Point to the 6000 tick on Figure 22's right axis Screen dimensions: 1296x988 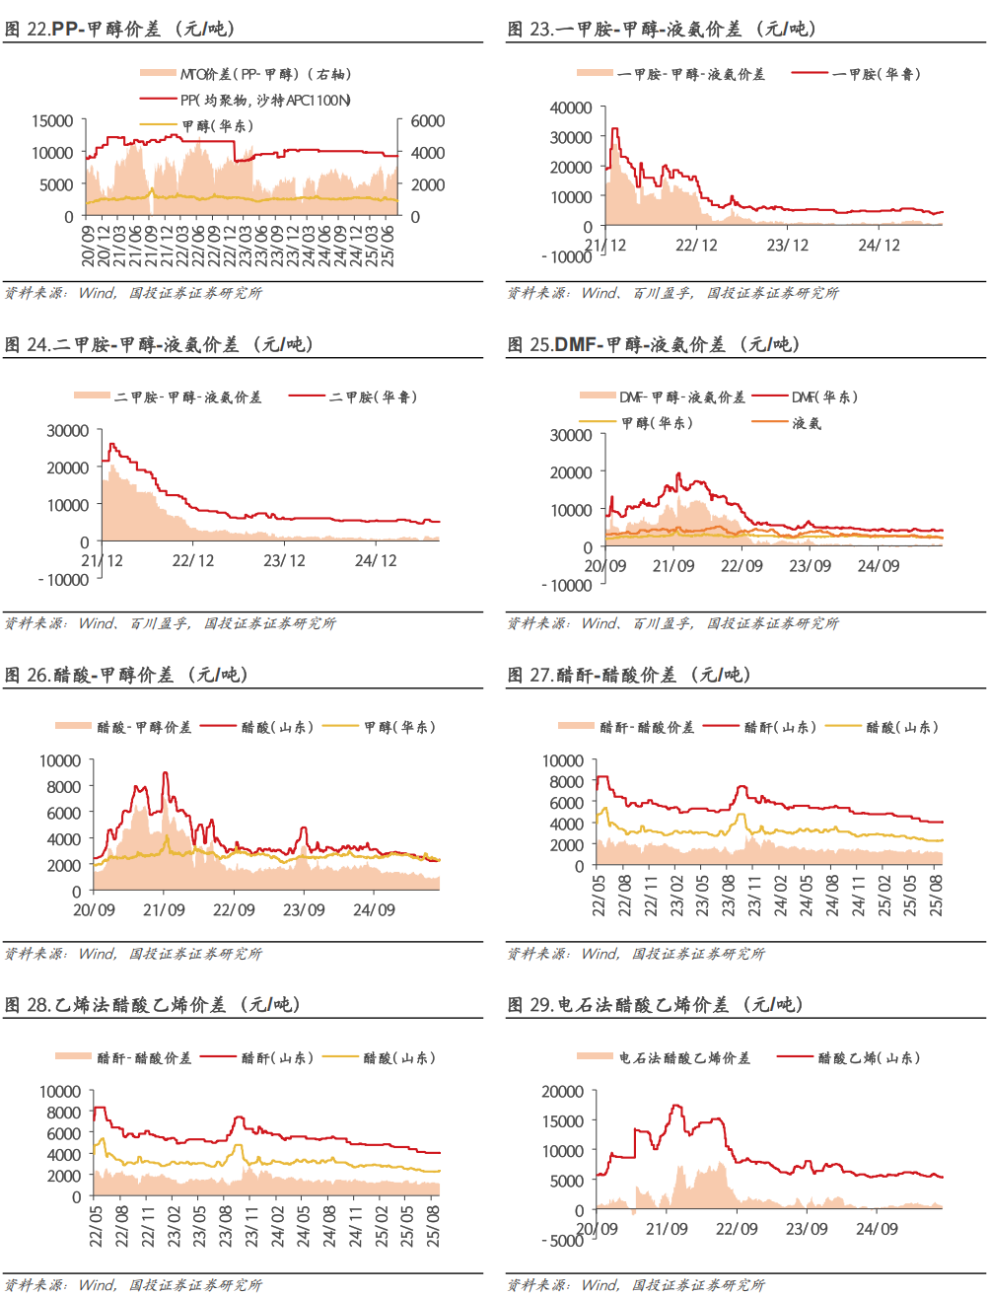point(428,121)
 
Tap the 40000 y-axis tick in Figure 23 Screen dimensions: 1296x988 point(571,108)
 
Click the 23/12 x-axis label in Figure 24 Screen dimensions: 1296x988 point(284,560)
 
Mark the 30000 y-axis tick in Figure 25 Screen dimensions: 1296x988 point(571,435)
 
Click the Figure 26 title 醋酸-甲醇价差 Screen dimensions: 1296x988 point(127,675)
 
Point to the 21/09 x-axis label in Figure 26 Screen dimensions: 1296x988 point(164,909)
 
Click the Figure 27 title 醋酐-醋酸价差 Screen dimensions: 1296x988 point(630,675)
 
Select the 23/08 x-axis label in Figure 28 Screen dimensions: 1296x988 point(226,1225)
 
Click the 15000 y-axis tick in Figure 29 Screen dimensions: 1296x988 point(563,1121)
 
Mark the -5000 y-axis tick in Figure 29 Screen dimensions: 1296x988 point(563,1240)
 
